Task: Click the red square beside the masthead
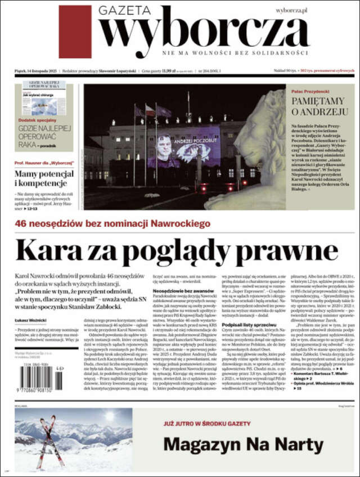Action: (75, 31)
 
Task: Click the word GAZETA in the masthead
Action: (124, 10)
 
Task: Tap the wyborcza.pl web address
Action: (291, 11)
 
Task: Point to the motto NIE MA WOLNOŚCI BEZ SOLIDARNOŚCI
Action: (235, 52)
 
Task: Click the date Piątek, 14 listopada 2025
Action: (37, 71)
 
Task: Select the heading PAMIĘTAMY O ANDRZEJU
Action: (317, 106)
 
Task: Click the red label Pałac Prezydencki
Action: (310, 91)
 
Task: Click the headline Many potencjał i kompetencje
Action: (44, 178)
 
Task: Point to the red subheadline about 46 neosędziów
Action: (112, 223)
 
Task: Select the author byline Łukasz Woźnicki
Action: (30, 321)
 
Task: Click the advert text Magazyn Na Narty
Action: (243, 444)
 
